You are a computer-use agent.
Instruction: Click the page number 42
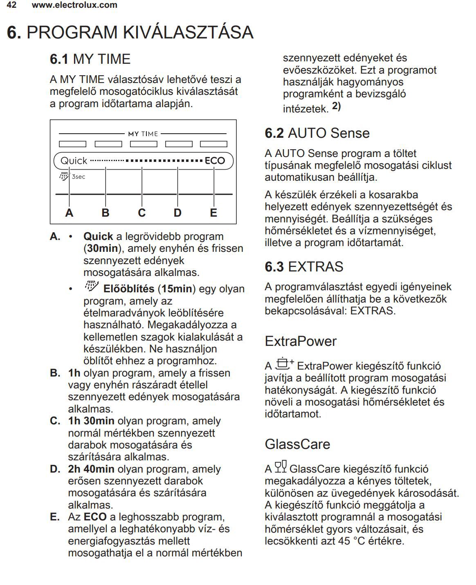tap(11, 5)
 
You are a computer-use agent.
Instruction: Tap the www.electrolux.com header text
tap(74, 5)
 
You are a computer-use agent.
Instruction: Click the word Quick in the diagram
tap(74, 161)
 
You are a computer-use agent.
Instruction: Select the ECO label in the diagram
tap(215, 161)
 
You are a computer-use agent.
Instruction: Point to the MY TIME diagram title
tap(143, 134)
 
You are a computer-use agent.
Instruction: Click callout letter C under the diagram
tap(141, 213)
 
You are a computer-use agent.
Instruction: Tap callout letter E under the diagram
tap(213, 213)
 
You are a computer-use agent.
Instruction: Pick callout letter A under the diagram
tap(70, 213)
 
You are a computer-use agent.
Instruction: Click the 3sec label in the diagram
tap(79, 177)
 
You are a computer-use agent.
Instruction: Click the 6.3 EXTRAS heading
tap(304, 267)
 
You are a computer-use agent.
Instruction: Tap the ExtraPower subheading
tap(301, 341)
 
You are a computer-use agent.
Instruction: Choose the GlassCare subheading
tap(297, 444)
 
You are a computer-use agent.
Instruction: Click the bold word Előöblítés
tap(128, 289)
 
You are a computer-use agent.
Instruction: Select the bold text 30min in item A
tap(102, 249)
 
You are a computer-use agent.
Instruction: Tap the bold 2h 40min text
tap(91, 469)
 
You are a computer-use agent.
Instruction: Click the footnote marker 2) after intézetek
tap(336, 107)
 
